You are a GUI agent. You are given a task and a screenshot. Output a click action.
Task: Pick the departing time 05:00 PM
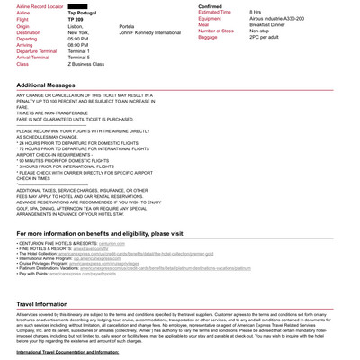point(82,40)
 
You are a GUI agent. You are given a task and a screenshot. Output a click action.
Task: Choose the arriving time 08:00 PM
point(82,46)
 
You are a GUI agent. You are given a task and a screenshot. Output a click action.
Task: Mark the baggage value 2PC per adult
point(268,37)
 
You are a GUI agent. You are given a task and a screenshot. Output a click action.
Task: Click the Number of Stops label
point(220,31)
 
